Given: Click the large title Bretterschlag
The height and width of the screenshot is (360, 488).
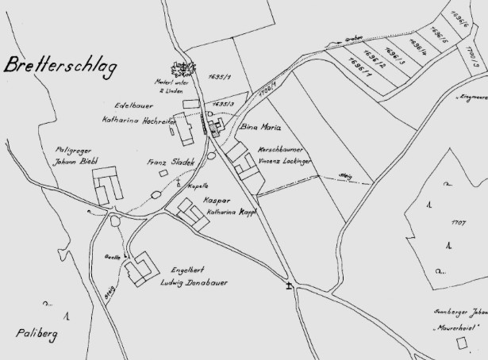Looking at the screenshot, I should (60, 67).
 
